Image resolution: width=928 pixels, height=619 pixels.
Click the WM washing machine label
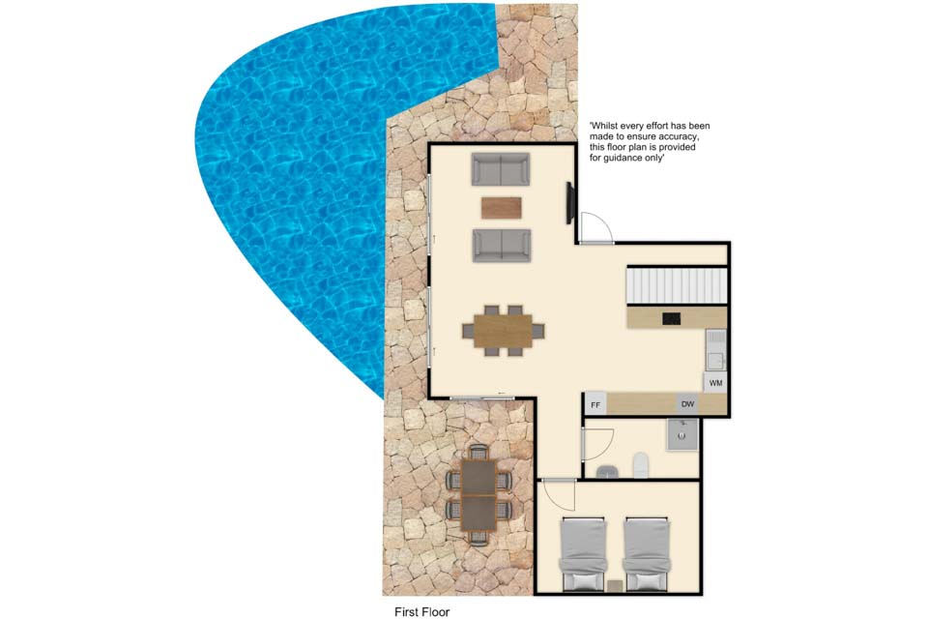[x=715, y=383]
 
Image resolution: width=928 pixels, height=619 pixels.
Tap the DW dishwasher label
[x=687, y=404]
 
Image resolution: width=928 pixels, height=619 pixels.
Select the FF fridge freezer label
[x=595, y=406]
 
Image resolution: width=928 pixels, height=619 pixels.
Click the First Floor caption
[x=422, y=612]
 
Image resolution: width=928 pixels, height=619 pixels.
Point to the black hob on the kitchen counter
[x=671, y=318]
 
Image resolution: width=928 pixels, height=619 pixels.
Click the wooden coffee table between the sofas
[x=502, y=207]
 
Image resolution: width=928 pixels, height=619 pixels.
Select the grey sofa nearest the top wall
[x=501, y=169]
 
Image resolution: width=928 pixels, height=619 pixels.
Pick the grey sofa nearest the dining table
[x=502, y=246]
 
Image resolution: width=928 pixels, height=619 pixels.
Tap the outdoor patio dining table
[x=478, y=495]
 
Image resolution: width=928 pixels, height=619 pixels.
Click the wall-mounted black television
[x=570, y=203]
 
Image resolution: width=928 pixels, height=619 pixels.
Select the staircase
[x=677, y=285]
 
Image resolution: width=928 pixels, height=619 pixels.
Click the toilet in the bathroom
[x=641, y=465]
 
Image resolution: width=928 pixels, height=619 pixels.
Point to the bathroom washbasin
[x=607, y=472]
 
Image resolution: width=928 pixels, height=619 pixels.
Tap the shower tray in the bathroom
[x=682, y=435]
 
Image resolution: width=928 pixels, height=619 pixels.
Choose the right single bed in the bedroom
[x=647, y=554]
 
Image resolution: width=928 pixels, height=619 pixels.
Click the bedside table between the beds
[x=616, y=585]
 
